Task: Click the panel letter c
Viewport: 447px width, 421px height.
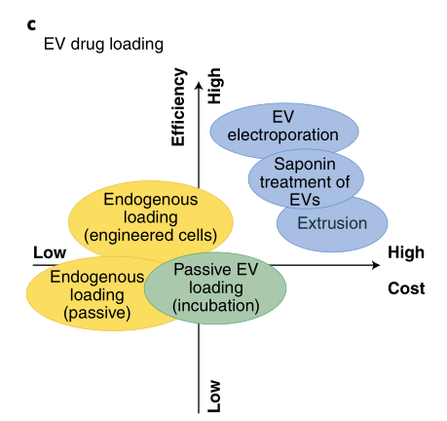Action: click(31, 24)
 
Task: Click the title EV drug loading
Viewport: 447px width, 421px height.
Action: click(103, 44)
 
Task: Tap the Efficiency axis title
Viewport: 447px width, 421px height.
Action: click(178, 107)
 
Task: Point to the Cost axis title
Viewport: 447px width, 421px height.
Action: click(406, 288)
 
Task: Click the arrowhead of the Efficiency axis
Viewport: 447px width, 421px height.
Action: click(199, 85)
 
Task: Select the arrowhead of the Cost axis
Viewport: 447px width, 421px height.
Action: click(376, 265)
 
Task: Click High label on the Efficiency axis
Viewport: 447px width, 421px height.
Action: click(214, 86)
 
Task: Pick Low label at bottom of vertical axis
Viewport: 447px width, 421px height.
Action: click(214, 397)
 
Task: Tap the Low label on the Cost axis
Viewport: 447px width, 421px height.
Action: click(50, 252)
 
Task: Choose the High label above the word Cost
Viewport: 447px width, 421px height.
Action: click(406, 252)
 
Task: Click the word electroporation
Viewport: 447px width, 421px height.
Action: click(282, 134)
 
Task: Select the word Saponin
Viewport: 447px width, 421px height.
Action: click(305, 164)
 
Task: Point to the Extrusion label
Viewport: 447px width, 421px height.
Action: click(332, 223)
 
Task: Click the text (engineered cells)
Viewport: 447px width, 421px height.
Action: click(150, 235)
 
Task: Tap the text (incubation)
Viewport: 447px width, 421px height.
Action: click(215, 306)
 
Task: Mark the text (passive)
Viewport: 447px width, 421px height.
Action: click(97, 313)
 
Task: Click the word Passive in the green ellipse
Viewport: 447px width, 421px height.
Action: click(203, 270)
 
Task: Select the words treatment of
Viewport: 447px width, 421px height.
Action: click(305, 182)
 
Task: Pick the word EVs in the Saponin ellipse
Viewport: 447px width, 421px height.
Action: click(305, 200)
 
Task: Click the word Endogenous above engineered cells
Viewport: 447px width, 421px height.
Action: click(151, 200)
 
